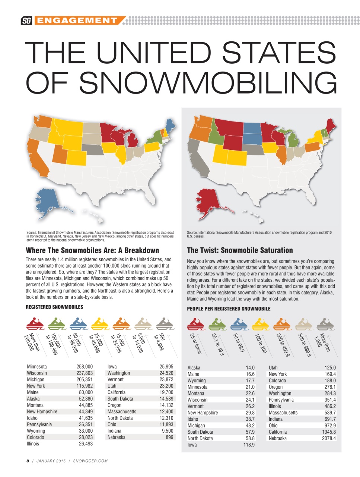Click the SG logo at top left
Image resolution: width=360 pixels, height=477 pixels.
[x=26, y=21]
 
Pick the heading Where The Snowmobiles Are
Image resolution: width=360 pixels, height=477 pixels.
[x=92, y=250]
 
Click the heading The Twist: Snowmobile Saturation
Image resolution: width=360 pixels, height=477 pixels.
[x=240, y=250]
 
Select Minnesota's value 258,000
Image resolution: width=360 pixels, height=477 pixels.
[x=85, y=367]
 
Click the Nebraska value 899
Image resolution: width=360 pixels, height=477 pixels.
[x=169, y=437]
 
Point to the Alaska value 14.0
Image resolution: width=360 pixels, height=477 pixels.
[x=250, y=368]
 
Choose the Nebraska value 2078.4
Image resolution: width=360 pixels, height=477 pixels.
[x=329, y=439]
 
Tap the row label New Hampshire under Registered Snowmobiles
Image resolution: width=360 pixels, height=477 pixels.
[x=42, y=412]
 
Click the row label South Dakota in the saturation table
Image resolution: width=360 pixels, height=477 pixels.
[x=200, y=432]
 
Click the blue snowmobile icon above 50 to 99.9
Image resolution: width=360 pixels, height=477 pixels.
[x=239, y=324]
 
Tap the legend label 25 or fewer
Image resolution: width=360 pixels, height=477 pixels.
[x=196, y=343]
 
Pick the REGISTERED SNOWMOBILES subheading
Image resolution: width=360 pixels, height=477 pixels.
[x=54, y=307]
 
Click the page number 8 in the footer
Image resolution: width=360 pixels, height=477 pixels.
[x=28, y=461]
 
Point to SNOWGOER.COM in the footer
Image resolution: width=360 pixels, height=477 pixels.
[x=90, y=461]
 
